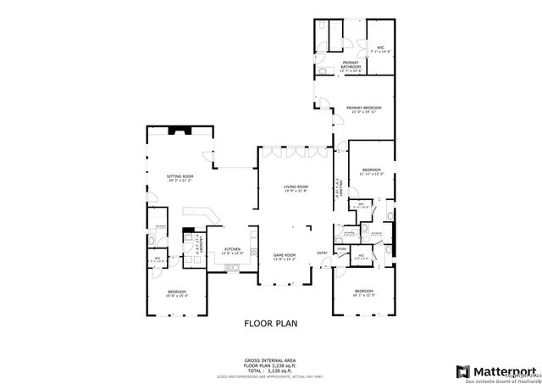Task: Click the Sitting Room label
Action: point(180,178)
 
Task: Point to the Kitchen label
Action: point(232,251)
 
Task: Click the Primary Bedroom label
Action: point(363,109)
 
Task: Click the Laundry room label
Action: point(198,246)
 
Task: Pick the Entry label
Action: point(322,253)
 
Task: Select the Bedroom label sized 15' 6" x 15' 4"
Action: point(177,292)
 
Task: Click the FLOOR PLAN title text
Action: point(270,323)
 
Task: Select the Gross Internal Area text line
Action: point(270,360)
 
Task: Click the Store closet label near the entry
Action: point(341,248)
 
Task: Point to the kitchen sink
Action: point(230,269)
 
